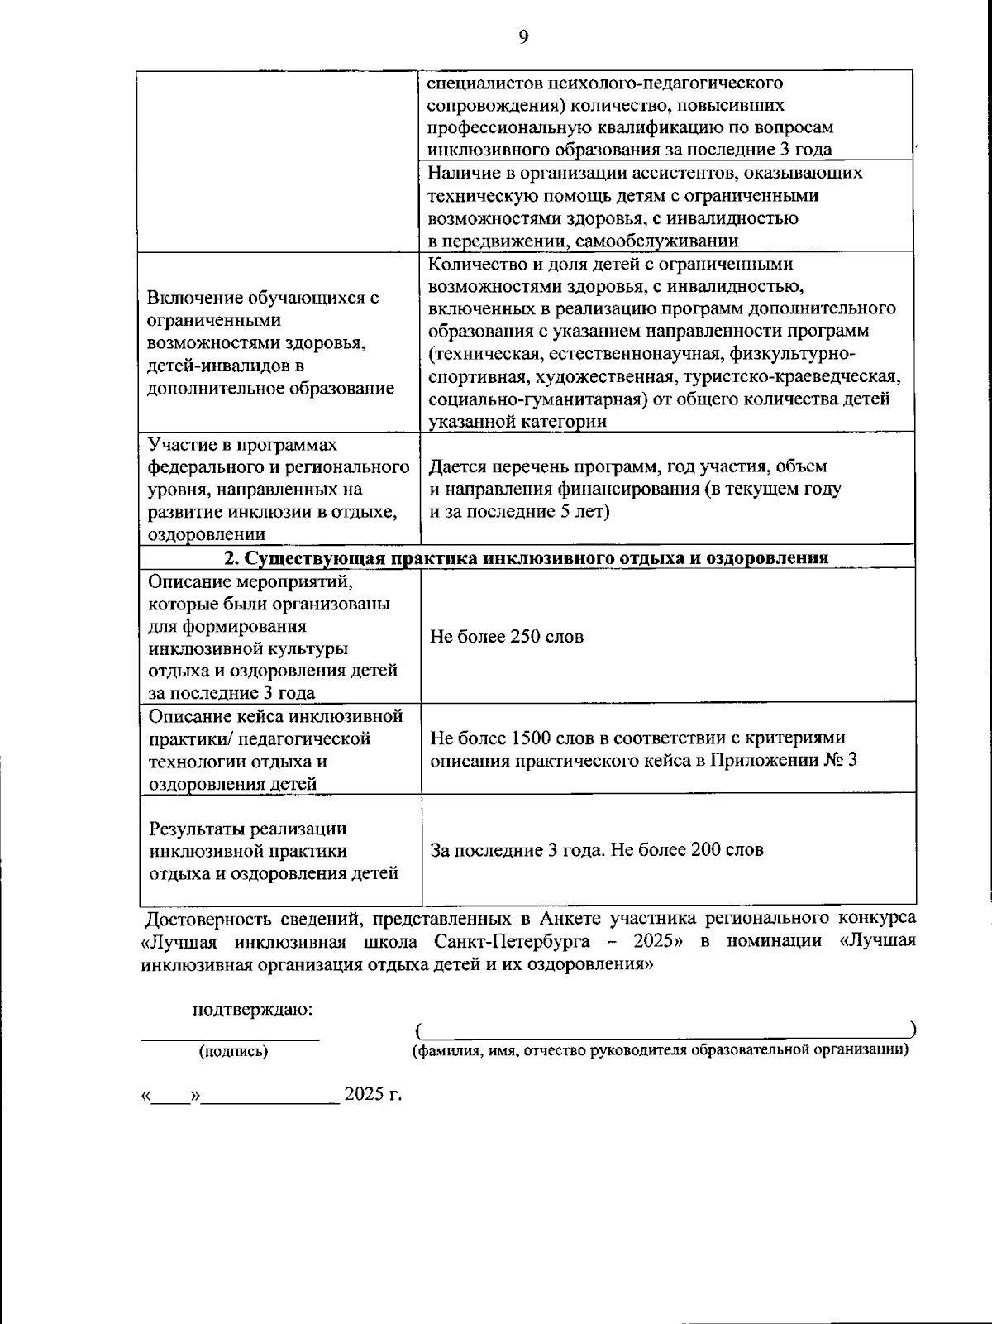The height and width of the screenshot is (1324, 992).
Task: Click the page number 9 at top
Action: [523, 36]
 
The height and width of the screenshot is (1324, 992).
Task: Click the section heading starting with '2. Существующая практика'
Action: [527, 557]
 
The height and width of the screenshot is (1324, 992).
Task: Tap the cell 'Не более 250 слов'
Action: [506, 637]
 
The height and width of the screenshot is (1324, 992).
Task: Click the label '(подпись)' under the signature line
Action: [233, 1052]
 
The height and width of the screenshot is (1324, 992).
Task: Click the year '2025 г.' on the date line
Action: [373, 1094]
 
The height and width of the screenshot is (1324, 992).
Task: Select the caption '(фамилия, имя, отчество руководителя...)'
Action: [661, 1050]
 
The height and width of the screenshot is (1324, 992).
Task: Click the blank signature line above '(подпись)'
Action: [230, 1037]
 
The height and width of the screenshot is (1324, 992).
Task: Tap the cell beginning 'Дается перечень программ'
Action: [627, 489]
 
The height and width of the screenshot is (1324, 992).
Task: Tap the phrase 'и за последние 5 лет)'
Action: [518, 511]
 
